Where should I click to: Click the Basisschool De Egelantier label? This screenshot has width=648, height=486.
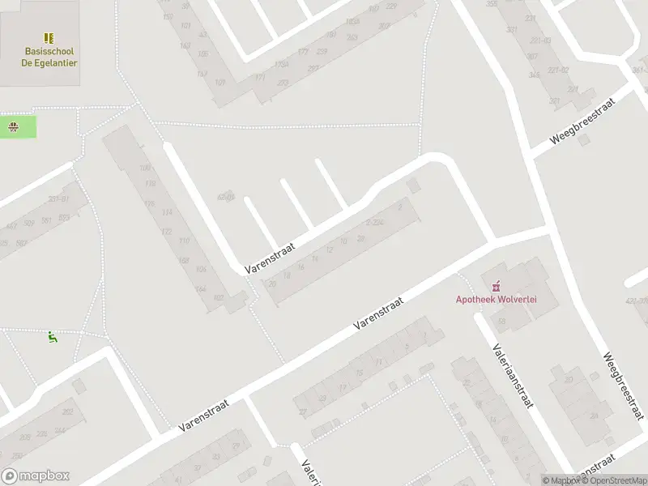(49, 57)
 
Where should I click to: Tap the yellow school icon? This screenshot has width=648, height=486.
(49, 38)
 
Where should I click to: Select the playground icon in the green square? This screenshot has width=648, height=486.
(14, 126)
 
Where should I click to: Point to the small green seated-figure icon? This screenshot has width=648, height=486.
(53, 337)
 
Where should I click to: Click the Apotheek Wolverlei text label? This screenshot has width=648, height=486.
(497, 299)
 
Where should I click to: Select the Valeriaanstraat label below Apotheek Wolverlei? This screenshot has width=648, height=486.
(510, 375)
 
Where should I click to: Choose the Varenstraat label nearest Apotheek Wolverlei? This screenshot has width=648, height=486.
(378, 312)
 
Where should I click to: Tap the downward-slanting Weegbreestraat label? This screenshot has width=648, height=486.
(625, 386)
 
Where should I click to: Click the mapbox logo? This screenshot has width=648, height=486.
(36, 476)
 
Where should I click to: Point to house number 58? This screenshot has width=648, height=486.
(502, 322)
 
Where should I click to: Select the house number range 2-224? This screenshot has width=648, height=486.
(375, 222)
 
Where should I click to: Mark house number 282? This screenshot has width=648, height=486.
(68, 412)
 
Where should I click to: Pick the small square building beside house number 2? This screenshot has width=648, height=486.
(414, 186)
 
